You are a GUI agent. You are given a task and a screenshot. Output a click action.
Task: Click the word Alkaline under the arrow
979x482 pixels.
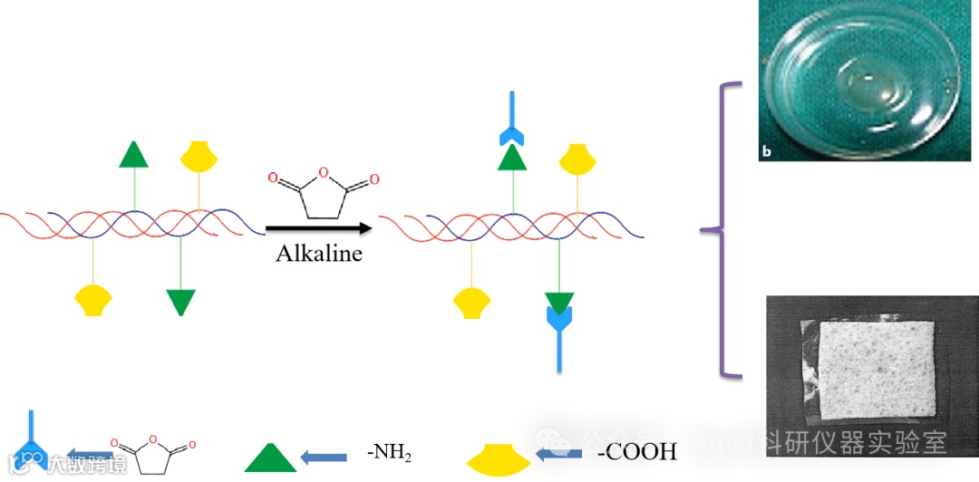[x=318, y=253]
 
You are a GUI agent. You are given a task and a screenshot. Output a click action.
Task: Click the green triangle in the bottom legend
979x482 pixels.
[x=270, y=458]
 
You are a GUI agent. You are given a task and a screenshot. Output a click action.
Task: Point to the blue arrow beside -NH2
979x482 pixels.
[x=324, y=457]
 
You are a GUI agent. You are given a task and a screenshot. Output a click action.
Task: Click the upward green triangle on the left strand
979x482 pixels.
[x=133, y=156]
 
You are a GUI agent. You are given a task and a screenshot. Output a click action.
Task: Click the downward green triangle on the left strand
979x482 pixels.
[x=181, y=302]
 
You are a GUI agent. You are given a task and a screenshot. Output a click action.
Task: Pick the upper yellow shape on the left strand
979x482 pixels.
[x=199, y=156]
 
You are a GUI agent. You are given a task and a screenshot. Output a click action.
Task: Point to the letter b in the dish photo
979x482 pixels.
[x=766, y=151]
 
